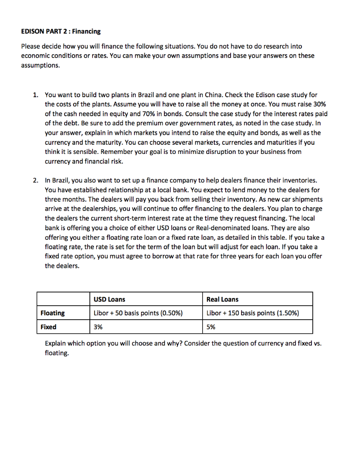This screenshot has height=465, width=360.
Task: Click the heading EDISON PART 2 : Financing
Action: point(61,31)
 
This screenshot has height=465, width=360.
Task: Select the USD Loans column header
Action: point(109,299)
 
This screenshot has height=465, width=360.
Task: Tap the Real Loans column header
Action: point(222,299)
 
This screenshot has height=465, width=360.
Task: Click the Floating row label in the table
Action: point(53,313)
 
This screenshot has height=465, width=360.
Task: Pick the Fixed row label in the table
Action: point(49,326)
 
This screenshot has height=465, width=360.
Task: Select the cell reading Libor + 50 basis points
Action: point(138,313)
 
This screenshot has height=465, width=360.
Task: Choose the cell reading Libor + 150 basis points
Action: point(252,313)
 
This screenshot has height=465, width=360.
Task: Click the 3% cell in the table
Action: point(98,326)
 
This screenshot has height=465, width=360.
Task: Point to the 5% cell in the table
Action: point(211,326)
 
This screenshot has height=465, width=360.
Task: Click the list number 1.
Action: point(35,95)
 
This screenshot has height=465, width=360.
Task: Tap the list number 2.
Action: point(35,180)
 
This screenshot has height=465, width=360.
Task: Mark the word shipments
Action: point(307,199)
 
